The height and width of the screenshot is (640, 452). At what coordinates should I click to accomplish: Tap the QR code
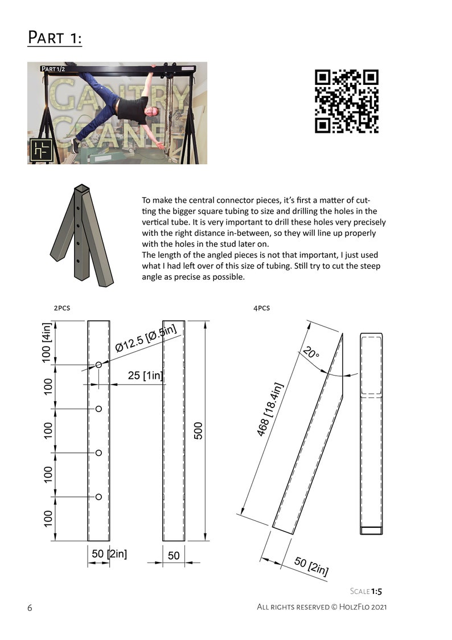[x=346, y=101]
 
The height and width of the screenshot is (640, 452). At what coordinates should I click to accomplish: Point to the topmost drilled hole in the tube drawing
[x=98, y=364]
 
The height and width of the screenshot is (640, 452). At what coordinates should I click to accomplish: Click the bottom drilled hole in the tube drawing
[x=98, y=497]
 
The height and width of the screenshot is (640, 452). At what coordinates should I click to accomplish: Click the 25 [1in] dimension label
[x=145, y=376]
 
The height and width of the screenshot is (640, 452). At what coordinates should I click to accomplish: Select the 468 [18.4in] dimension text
[x=270, y=410]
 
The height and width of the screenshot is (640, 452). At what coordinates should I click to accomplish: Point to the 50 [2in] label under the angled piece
[x=311, y=566]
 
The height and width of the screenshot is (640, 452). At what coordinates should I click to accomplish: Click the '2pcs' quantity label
[x=62, y=308]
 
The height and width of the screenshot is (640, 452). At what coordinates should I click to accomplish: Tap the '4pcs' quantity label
[x=261, y=308]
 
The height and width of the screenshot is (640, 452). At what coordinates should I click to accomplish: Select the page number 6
[x=30, y=608]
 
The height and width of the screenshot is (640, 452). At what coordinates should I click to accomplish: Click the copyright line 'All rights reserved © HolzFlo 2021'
[x=322, y=608]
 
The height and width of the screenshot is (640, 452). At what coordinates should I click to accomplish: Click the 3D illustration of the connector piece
[x=81, y=236]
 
